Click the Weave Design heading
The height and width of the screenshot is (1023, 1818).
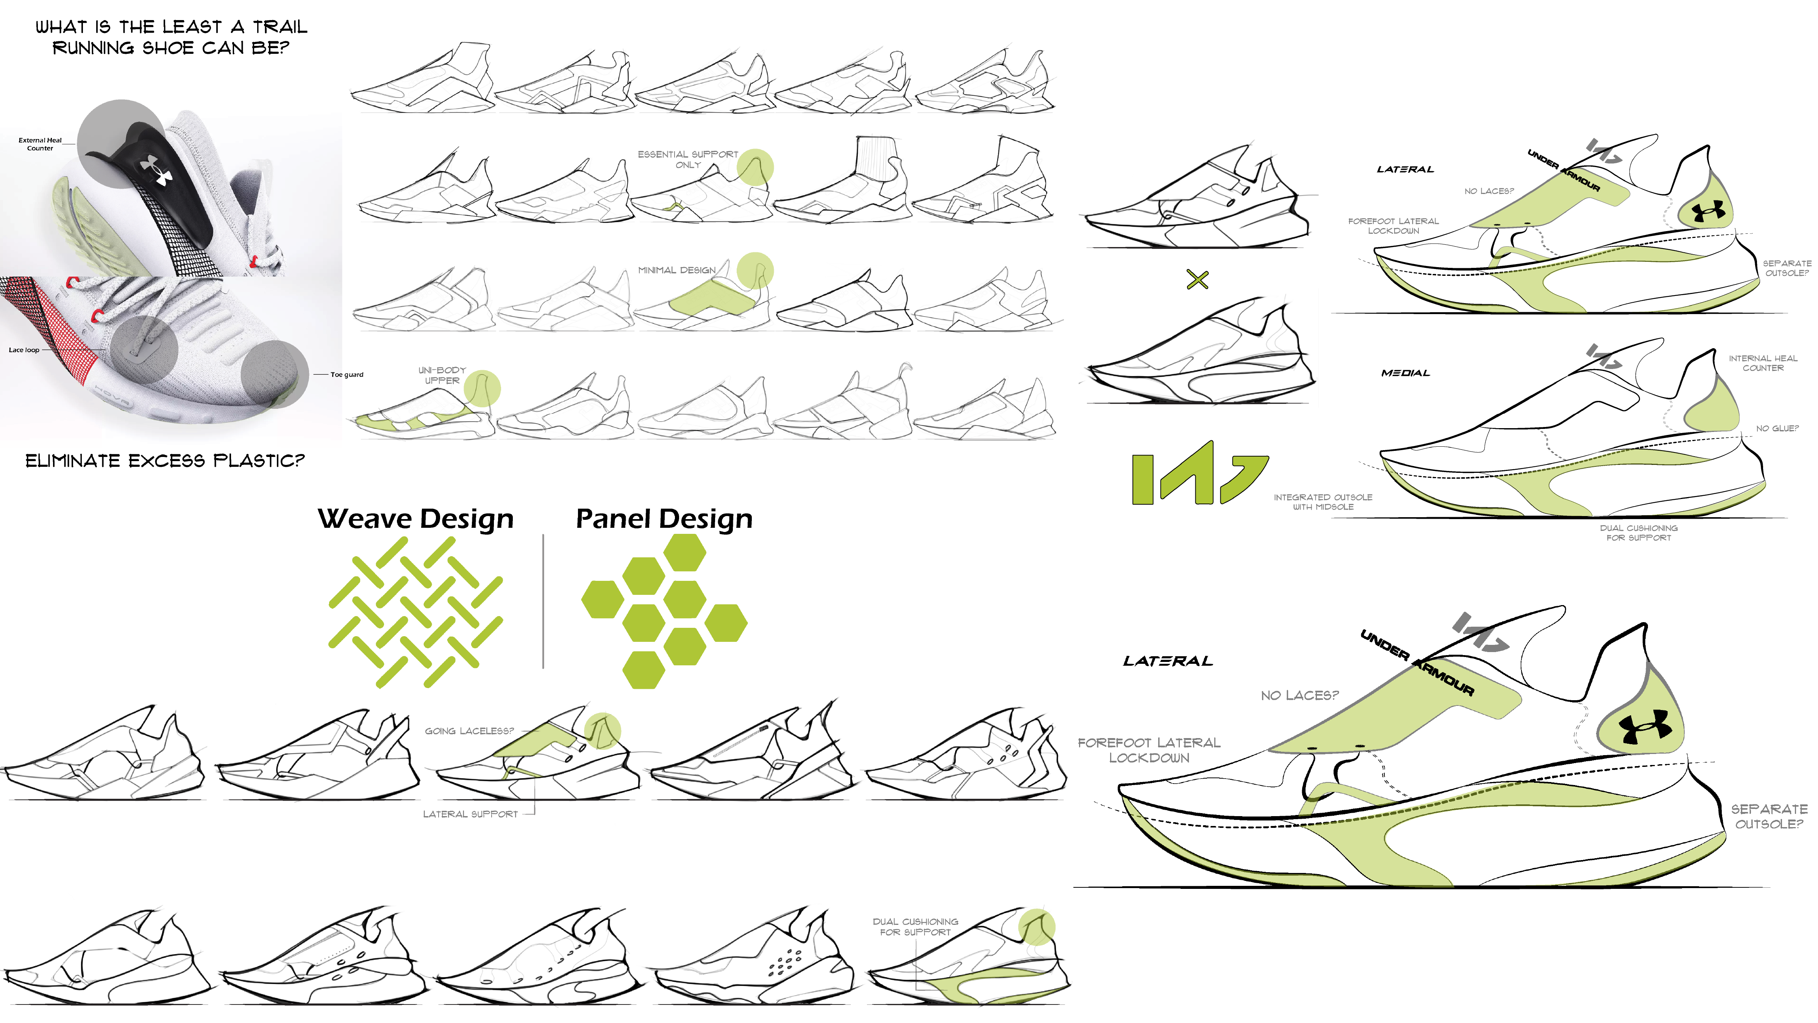click(416, 519)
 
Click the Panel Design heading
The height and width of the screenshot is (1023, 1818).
click(664, 519)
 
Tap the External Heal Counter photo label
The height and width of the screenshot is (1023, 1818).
click(40, 144)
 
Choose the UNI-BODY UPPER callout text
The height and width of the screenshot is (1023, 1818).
click(442, 375)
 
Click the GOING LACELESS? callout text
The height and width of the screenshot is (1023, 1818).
click(469, 731)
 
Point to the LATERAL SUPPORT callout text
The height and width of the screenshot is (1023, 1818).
click(470, 814)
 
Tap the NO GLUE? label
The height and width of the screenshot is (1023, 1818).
click(1777, 429)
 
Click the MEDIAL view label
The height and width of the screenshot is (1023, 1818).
click(1405, 373)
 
